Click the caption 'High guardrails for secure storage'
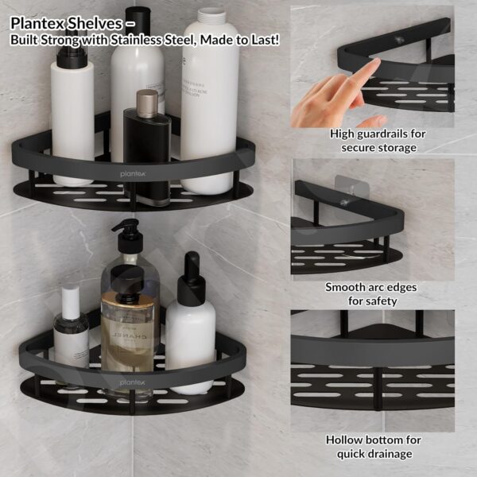point(378,140)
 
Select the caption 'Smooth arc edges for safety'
point(371,293)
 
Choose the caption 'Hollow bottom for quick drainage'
point(373,446)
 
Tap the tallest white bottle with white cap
point(210,95)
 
